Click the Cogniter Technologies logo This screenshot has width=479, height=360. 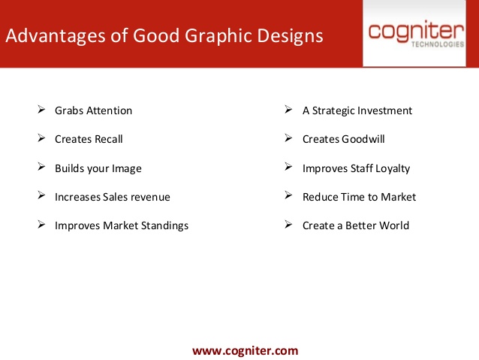[x=416, y=34]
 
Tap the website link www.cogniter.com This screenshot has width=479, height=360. [x=246, y=350]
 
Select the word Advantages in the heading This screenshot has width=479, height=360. [x=56, y=36]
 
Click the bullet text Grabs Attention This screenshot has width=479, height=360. [x=94, y=110]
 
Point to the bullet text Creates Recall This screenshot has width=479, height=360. [x=89, y=139]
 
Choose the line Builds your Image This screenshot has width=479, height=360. [x=98, y=168]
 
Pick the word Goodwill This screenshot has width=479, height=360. [x=363, y=139]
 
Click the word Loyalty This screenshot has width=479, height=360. [x=393, y=168]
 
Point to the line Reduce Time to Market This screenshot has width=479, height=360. [x=359, y=197]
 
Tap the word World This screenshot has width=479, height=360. [x=393, y=225]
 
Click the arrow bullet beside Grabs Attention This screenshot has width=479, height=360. [x=41, y=109]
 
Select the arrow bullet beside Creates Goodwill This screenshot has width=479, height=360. [x=288, y=138]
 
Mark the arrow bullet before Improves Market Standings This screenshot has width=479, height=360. [x=41, y=225]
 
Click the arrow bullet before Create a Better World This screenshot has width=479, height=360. [x=288, y=225]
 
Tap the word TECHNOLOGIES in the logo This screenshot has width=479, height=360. [x=438, y=44]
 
